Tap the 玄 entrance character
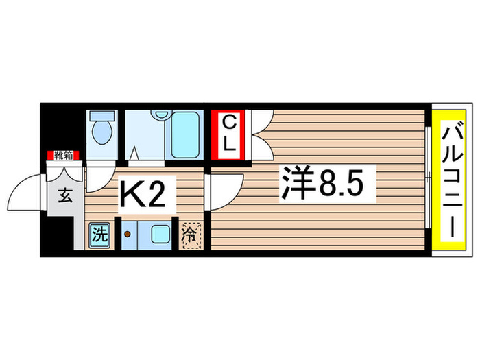coord(64,197)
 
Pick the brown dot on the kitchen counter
coord(126,235)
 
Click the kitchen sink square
coord(160,235)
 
